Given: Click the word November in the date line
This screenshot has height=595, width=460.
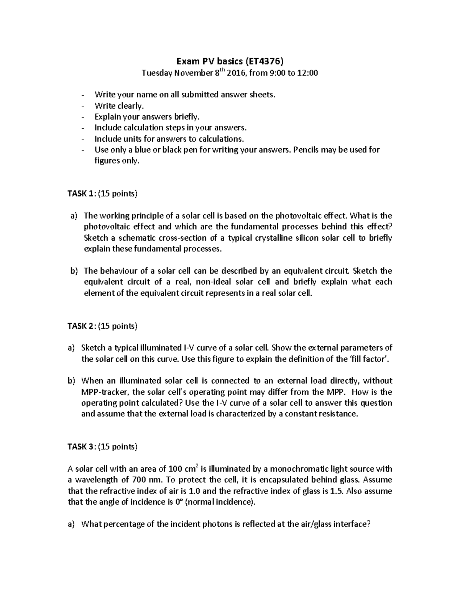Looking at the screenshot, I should (192, 73).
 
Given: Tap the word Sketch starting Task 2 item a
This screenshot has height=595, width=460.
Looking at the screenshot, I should (93, 348).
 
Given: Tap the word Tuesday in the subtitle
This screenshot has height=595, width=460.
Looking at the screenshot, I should (157, 73).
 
